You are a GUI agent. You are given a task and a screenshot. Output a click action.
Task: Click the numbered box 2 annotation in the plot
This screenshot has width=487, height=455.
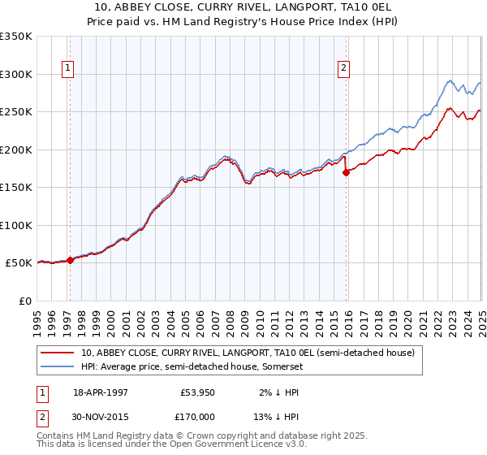pos(344,68)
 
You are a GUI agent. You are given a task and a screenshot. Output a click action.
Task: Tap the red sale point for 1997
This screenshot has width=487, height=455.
pos(70,260)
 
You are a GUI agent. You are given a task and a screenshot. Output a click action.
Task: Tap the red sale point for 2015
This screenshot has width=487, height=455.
pos(347,172)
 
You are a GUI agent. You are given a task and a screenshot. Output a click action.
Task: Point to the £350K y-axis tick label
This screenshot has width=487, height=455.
pos(16,37)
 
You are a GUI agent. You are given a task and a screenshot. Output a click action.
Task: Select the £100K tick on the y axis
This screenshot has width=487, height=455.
pos(16,225)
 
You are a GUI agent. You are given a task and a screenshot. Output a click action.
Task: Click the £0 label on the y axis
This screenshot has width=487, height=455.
pos(24,301)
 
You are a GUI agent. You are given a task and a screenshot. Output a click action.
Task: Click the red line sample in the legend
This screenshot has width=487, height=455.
pos(57,353)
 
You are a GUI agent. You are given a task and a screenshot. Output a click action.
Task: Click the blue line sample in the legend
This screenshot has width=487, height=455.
pos(57,367)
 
